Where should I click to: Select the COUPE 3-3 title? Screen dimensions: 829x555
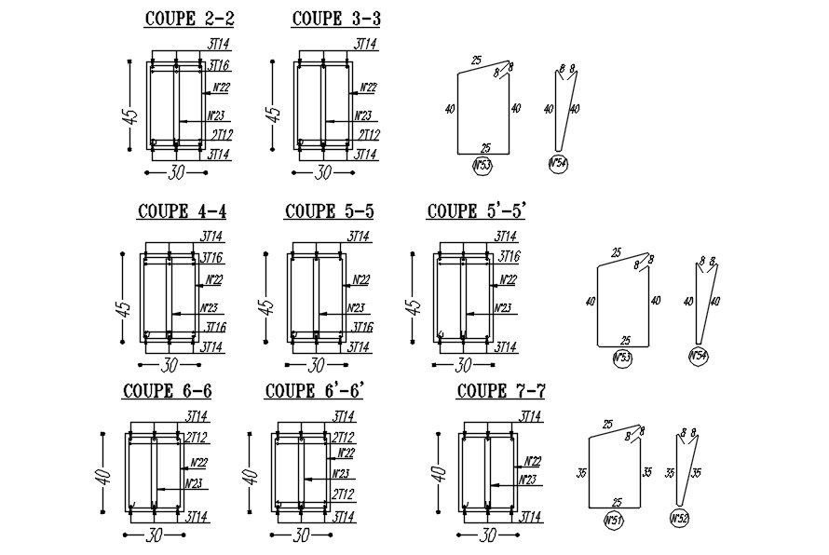[x=335, y=19]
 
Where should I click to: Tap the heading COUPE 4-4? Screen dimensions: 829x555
[x=182, y=211]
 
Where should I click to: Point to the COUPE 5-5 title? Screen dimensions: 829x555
[x=330, y=211]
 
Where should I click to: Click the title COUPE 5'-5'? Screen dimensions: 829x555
[x=477, y=211]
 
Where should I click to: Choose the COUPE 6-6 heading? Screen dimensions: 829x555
[x=167, y=391]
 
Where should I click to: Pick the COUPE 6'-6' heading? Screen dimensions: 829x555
[x=314, y=391]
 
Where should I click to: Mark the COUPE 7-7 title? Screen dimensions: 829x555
[x=500, y=392]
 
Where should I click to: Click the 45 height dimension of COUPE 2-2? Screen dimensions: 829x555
[x=131, y=116]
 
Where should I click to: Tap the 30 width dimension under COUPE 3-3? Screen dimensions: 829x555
[x=323, y=172]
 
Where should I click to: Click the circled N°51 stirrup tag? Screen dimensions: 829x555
[x=614, y=520]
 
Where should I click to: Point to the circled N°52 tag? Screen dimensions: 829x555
[x=681, y=518]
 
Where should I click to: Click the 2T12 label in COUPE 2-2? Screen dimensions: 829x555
[x=220, y=136]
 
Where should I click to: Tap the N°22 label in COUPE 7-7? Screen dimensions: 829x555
[x=533, y=461]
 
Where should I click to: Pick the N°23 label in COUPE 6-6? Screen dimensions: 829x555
[x=194, y=483]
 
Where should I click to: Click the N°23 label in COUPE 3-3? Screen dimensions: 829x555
[x=364, y=116]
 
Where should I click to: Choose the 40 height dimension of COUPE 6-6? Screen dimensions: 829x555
[x=104, y=474]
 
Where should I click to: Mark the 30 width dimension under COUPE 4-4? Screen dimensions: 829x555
[x=170, y=365]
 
